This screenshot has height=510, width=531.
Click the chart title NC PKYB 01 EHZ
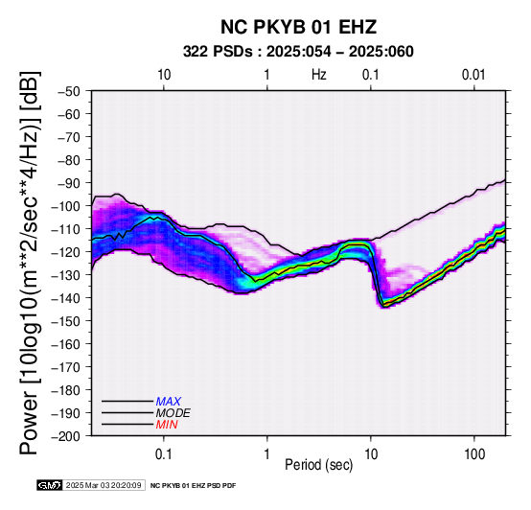click(x=298, y=27)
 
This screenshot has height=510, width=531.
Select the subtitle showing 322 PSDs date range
click(x=298, y=52)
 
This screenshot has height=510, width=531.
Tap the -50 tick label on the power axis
click(x=69, y=91)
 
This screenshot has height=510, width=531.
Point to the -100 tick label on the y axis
click(x=66, y=206)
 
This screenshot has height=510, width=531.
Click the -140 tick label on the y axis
click(x=66, y=298)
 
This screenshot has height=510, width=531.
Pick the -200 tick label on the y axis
click(x=66, y=436)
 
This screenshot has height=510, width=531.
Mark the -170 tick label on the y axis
click(x=66, y=367)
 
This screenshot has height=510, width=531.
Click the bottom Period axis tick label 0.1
click(x=164, y=454)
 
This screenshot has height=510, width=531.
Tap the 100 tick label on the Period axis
click(x=474, y=454)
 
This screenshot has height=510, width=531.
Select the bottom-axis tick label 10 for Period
click(x=371, y=454)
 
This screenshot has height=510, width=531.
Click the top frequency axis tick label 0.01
click(x=473, y=75)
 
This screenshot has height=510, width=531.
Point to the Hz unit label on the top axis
click(x=319, y=75)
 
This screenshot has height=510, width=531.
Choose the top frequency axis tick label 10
click(x=164, y=75)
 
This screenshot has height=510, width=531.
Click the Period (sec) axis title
click(x=318, y=465)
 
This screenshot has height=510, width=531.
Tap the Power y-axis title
click(x=29, y=263)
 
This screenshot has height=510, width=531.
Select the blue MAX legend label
click(x=169, y=402)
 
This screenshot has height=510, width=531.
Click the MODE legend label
click(x=173, y=413)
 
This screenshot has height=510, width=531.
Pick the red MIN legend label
click(x=167, y=425)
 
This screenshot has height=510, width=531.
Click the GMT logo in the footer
click(x=50, y=486)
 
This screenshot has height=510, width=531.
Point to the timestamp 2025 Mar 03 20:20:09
click(x=104, y=486)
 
